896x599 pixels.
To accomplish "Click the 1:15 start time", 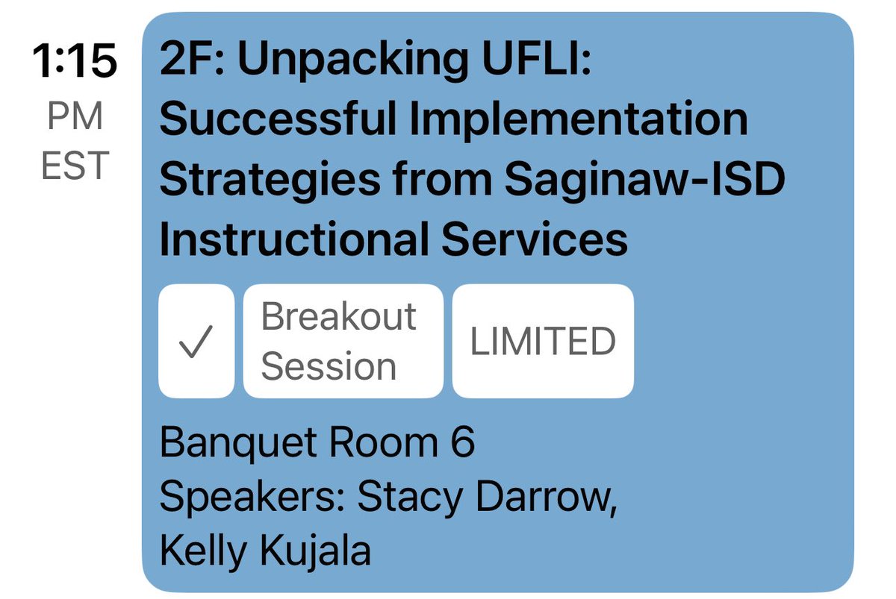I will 74,62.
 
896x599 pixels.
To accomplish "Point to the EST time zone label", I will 75,166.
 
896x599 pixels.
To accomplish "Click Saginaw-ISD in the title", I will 641,181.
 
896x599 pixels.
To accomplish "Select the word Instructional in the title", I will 295,239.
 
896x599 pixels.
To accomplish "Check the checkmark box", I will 196,342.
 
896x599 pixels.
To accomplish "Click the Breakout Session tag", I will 342,342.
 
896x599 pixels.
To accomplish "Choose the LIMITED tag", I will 543,342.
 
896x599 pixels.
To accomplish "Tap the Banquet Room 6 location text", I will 317,443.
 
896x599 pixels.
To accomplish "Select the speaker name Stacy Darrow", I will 487,498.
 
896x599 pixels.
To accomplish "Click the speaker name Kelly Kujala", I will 265,552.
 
